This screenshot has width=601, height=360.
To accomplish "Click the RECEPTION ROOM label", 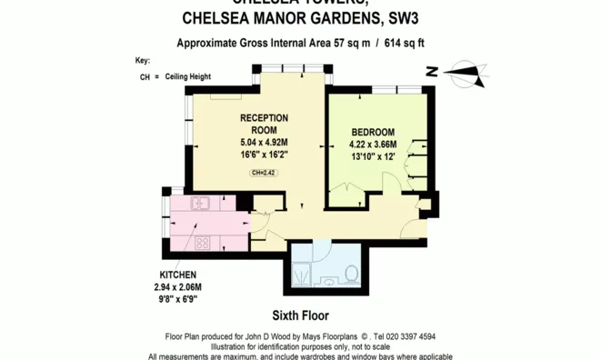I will (264, 124).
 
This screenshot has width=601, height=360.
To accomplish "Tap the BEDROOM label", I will (373, 133).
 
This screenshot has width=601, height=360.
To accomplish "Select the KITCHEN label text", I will (179, 274).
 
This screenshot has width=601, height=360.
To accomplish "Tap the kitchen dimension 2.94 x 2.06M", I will (179, 285).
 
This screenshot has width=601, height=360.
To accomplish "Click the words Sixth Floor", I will (299, 317).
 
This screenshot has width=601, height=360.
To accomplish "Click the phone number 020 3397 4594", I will (402, 335).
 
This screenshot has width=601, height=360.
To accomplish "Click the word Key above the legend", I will (142, 61).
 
